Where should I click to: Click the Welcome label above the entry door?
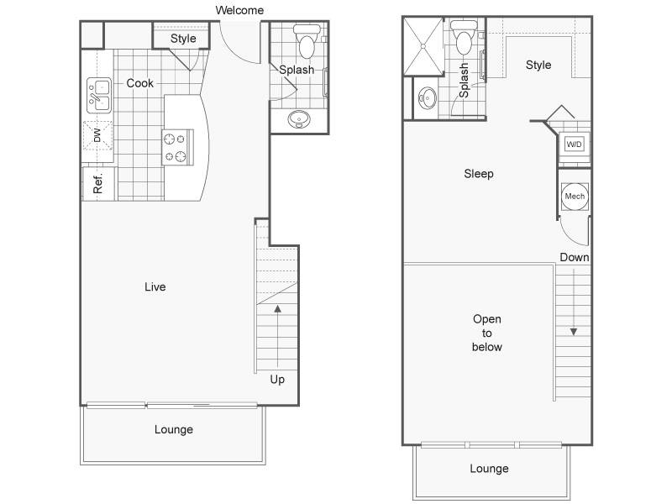pos(239,10)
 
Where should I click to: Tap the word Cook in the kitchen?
pos(139,83)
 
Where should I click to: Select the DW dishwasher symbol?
pos(98,135)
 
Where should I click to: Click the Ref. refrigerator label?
pos(98,183)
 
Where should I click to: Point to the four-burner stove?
pos(177,147)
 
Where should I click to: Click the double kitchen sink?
pos(99,95)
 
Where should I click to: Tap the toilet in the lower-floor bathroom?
pos(307,41)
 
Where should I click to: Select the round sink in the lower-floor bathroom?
pos(299,119)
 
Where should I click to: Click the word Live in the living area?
pos(155,286)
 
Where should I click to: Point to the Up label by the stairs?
pos(277,380)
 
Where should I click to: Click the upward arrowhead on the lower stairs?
pos(278,308)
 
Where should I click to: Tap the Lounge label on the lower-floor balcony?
pos(174,429)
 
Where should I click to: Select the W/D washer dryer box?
pos(574,144)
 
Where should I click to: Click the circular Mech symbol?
pos(575,197)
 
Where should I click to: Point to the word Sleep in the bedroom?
pos(479,174)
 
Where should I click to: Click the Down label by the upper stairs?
pos(575,257)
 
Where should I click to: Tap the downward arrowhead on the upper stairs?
pos(574,332)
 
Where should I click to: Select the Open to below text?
pos(487,333)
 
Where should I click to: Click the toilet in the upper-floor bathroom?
pos(464,38)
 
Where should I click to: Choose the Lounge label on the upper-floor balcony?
pos(489,469)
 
